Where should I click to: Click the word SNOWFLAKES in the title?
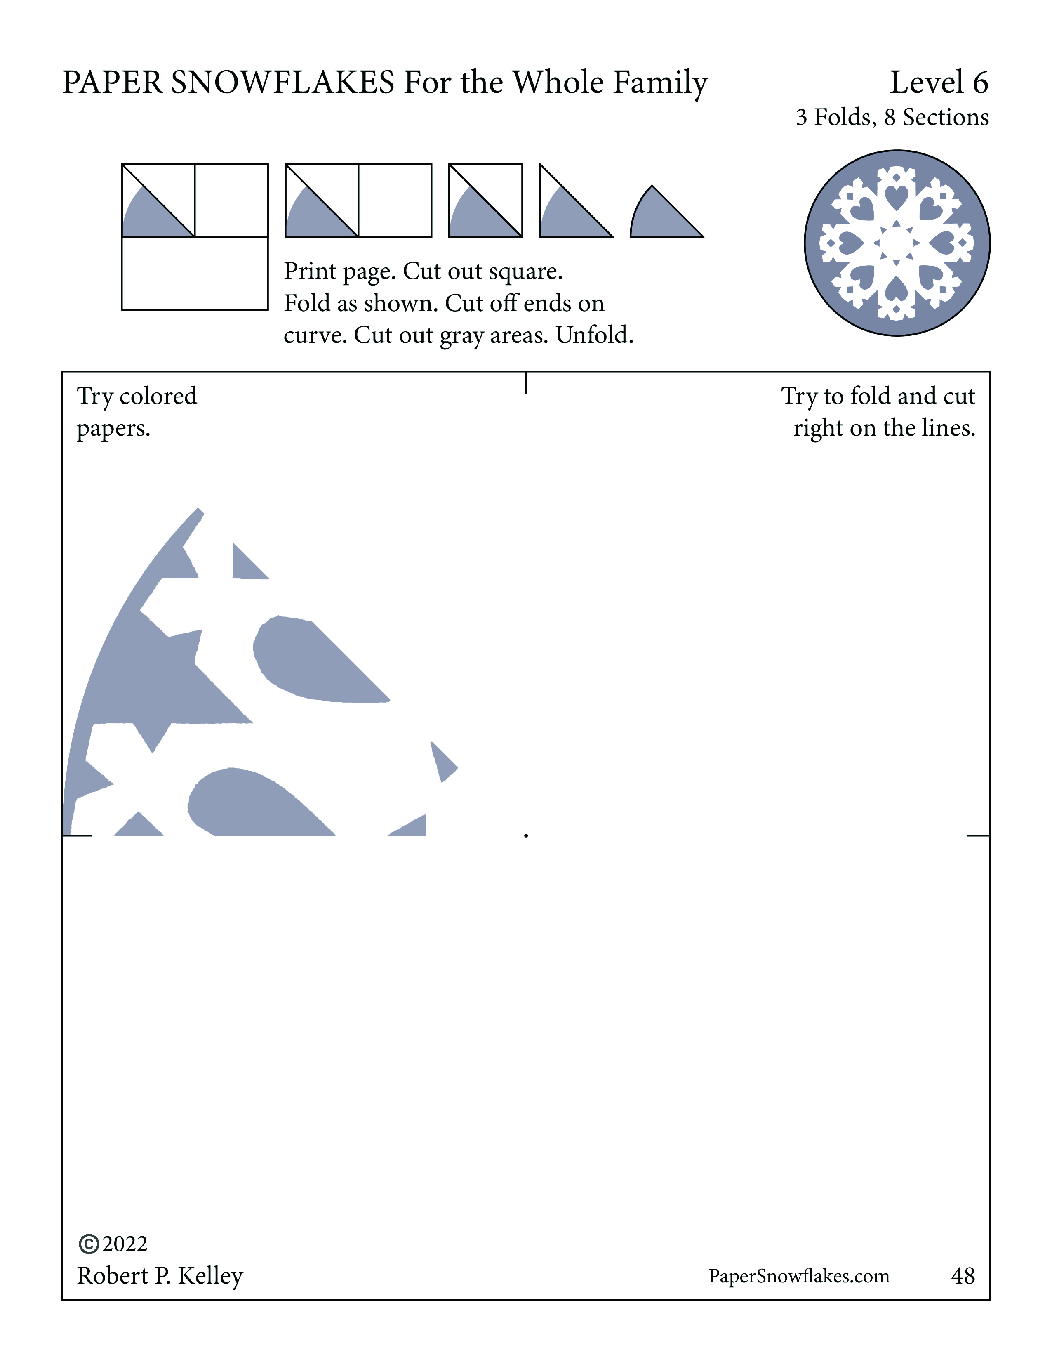point(283,83)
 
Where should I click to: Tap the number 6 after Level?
point(980,83)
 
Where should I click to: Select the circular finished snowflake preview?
point(897,243)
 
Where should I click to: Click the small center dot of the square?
point(526,835)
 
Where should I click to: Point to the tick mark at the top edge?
point(526,383)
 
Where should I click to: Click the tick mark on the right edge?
point(978,835)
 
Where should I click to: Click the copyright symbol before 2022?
point(89,1244)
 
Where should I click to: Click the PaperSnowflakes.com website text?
point(798,1276)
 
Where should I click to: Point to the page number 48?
point(963,1276)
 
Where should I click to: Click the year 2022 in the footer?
point(125,1244)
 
